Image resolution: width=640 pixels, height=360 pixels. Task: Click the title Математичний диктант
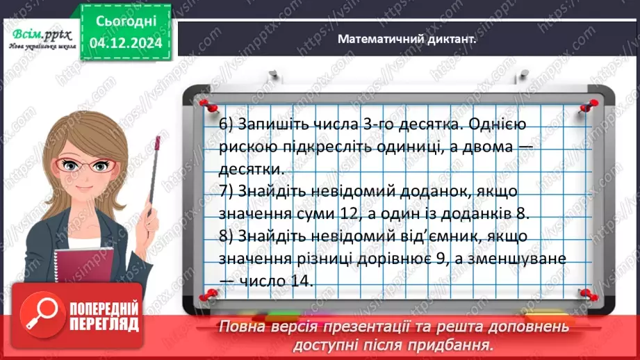pyautogui.click(x=407, y=40)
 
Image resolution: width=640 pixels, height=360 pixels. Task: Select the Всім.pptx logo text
pyautogui.click(x=41, y=34)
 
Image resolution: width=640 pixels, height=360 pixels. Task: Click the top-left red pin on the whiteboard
pyautogui.click(x=205, y=104)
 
